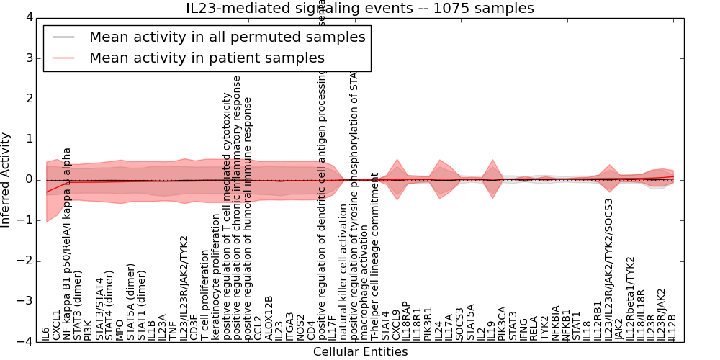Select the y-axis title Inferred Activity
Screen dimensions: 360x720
[6, 179]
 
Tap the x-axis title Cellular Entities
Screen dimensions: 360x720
[360, 352]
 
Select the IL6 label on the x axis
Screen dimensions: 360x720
[46, 333]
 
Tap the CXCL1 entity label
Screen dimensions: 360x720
[57, 325]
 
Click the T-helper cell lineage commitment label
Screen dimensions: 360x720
[375, 256]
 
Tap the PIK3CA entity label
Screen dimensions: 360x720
[502, 323]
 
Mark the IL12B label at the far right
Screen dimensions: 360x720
[672, 327]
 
